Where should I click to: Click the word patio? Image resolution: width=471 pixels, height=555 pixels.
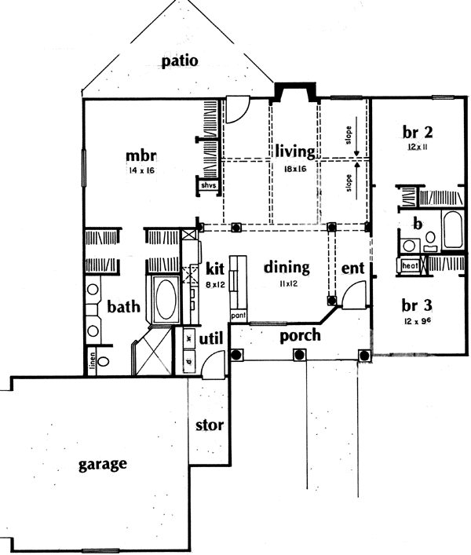(x=181, y=61)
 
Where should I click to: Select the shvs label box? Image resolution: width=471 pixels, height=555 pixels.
(x=207, y=185)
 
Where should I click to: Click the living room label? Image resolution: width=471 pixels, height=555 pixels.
(x=294, y=151)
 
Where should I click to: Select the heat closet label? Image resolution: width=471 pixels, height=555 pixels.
(x=408, y=266)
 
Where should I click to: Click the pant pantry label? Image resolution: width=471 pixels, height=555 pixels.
(x=238, y=316)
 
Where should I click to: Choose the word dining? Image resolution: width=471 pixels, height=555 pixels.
(x=286, y=268)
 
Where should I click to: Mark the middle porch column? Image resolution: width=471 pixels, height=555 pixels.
(x=299, y=355)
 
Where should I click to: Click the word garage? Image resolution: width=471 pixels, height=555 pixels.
(x=103, y=464)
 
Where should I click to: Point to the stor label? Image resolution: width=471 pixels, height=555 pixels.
(x=210, y=425)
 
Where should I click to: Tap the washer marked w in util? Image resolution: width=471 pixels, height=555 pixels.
(x=189, y=338)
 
